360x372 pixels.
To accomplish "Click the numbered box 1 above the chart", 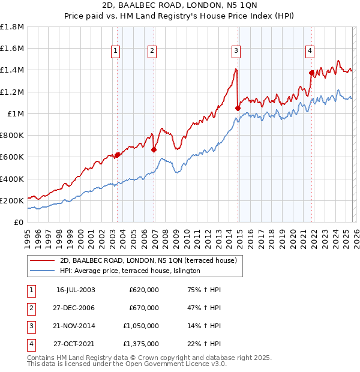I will click(x=115, y=52).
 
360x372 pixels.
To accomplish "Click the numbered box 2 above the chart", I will click(x=152, y=52).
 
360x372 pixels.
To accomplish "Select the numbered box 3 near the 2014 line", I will click(x=236, y=52).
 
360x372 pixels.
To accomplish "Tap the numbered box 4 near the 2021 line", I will click(x=310, y=52).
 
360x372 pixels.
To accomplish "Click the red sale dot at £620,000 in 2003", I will click(x=118, y=155).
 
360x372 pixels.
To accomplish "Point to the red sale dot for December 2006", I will click(x=154, y=149).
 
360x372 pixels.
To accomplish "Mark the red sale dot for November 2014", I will click(x=238, y=108).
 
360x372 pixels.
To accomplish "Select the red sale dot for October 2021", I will click(x=311, y=73).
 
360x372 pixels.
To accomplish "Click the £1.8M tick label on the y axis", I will click(x=12, y=27).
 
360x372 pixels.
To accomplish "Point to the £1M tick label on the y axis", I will click(x=15, y=113).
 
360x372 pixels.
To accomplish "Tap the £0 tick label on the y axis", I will click(x=19, y=222).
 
